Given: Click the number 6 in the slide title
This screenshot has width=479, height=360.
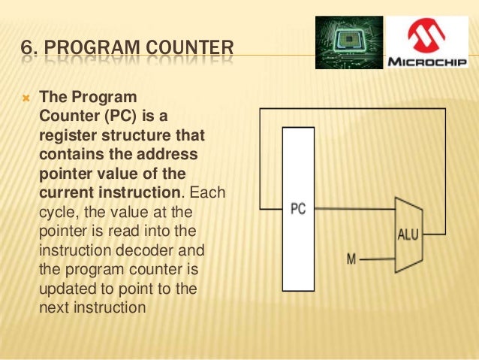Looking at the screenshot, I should pyautogui.click(x=27, y=52).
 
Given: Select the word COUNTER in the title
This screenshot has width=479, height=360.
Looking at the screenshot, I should pyautogui.click(x=187, y=52).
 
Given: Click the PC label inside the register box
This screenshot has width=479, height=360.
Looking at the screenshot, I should pyautogui.click(x=297, y=208).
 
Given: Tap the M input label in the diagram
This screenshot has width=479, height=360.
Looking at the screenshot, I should pyautogui.click(x=350, y=259).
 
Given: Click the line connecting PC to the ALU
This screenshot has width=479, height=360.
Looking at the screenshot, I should pyautogui.click(x=353, y=210).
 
